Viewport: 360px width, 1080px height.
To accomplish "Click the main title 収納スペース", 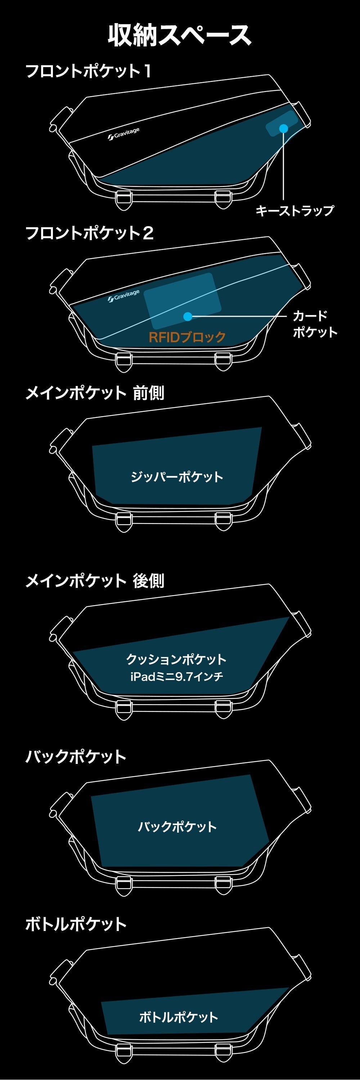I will [179, 35].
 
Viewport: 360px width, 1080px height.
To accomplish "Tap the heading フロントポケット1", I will [89, 71].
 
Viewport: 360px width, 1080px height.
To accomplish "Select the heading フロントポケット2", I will [90, 233].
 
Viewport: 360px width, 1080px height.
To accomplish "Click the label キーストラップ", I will [294, 211].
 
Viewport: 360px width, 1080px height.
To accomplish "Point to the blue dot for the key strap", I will [284, 128].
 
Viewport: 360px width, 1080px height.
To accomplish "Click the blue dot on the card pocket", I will [188, 316].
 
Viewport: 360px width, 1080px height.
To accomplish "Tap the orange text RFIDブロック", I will [187, 337].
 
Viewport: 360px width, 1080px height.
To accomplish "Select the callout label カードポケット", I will [315, 324].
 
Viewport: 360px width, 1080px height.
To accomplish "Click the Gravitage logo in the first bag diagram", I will [123, 134].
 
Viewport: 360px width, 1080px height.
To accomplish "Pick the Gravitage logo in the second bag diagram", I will [123, 296].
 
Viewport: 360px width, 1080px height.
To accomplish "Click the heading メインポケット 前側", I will [95, 393].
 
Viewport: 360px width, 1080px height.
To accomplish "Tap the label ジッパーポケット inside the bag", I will [177, 477].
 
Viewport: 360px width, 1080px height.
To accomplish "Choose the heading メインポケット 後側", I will [95, 581].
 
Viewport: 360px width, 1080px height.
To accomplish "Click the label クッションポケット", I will [176, 659].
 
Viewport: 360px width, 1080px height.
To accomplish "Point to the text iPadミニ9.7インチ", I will [176, 676].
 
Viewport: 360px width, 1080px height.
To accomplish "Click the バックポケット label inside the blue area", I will [177, 826].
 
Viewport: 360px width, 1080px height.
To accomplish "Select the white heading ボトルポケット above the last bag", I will [76, 924].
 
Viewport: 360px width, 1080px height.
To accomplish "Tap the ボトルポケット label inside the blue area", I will [179, 1017].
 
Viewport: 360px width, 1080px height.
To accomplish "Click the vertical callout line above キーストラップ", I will [284, 168].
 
